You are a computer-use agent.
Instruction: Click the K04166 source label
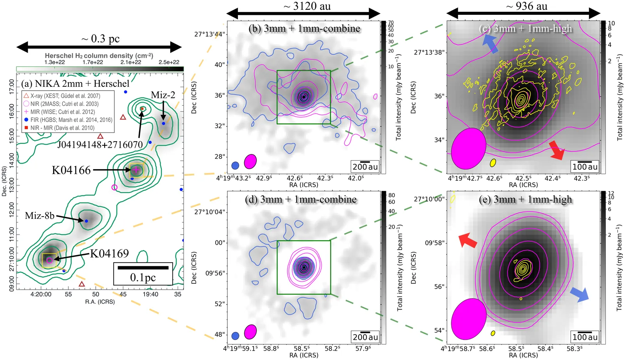coord(71,170)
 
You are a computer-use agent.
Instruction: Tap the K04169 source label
coord(109,254)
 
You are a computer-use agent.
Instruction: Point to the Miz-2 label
coord(163,95)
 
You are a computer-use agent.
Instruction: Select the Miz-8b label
coord(39,216)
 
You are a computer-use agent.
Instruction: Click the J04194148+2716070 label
coord(100,145)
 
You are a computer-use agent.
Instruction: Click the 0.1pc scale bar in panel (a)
coord(143,268)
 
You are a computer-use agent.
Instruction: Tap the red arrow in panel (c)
coord(557,150)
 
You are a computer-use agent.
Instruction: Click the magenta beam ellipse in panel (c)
coord(468,149)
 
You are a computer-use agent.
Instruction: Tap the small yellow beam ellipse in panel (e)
coord(493,333)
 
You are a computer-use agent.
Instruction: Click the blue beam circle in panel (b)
coord(235,165)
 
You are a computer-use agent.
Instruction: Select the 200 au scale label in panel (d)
coord(365,337)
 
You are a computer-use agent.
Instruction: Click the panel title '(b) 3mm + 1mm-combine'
coord(304,29)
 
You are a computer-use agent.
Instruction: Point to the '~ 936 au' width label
coord(527,6)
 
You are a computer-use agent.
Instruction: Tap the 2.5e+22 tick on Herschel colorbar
coord(169,62)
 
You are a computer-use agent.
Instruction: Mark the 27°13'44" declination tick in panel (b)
coord(210,34)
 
